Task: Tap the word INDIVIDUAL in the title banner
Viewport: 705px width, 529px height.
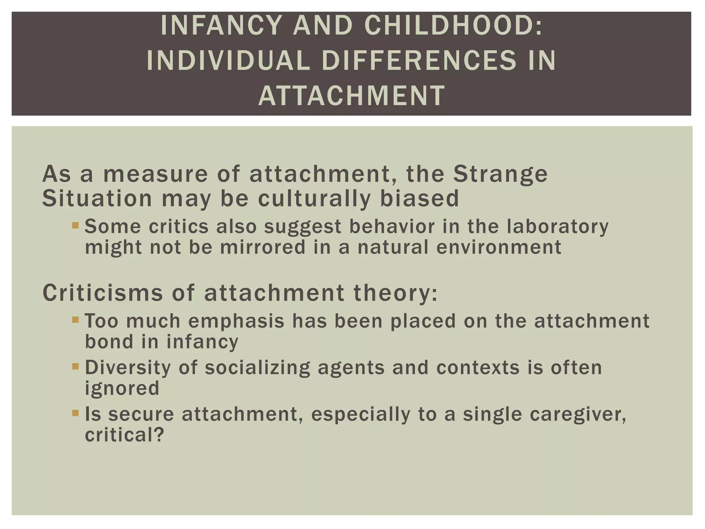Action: point(228,61)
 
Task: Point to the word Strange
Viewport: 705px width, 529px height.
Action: point(500,174)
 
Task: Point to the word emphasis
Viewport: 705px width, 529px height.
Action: point(236,321)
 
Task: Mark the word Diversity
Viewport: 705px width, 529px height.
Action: point(128,367)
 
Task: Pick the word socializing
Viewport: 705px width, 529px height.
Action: point(257,368)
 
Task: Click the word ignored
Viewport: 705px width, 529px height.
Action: point(122,388)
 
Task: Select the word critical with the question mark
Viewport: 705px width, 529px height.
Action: point(124,435)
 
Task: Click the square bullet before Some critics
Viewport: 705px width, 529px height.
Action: point(76,226)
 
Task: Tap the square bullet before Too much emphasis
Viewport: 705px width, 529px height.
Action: point(76,320)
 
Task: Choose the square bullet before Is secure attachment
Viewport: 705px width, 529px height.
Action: point(76,413)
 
